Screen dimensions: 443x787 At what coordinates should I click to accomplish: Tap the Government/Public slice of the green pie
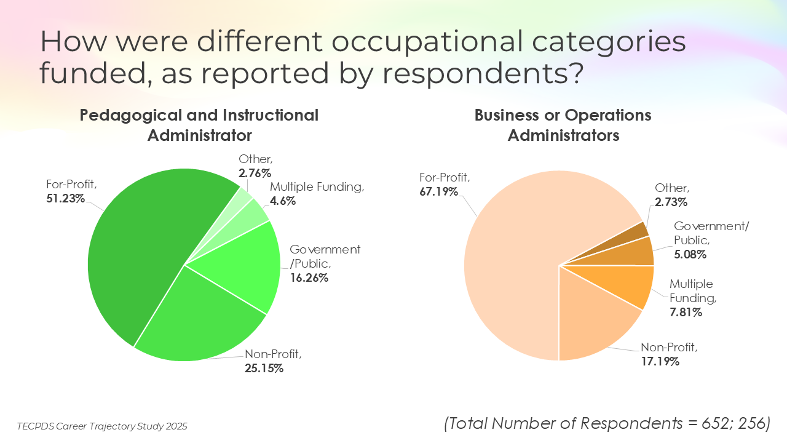[x=246, y=265]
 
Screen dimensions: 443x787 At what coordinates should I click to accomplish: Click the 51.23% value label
[x=66, y=198]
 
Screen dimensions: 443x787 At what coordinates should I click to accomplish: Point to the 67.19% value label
[x=439, y=191]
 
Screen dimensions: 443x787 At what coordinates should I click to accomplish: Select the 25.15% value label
[x=264, y=369]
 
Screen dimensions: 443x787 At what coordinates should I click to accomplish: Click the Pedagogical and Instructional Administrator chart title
[x=199, y=125]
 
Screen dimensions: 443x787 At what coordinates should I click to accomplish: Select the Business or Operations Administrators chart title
[x=563, y=126]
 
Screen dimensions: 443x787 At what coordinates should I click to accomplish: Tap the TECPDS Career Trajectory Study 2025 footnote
[x=102, y=426]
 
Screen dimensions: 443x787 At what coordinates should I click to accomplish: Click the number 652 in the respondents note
[x=682, y=423]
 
